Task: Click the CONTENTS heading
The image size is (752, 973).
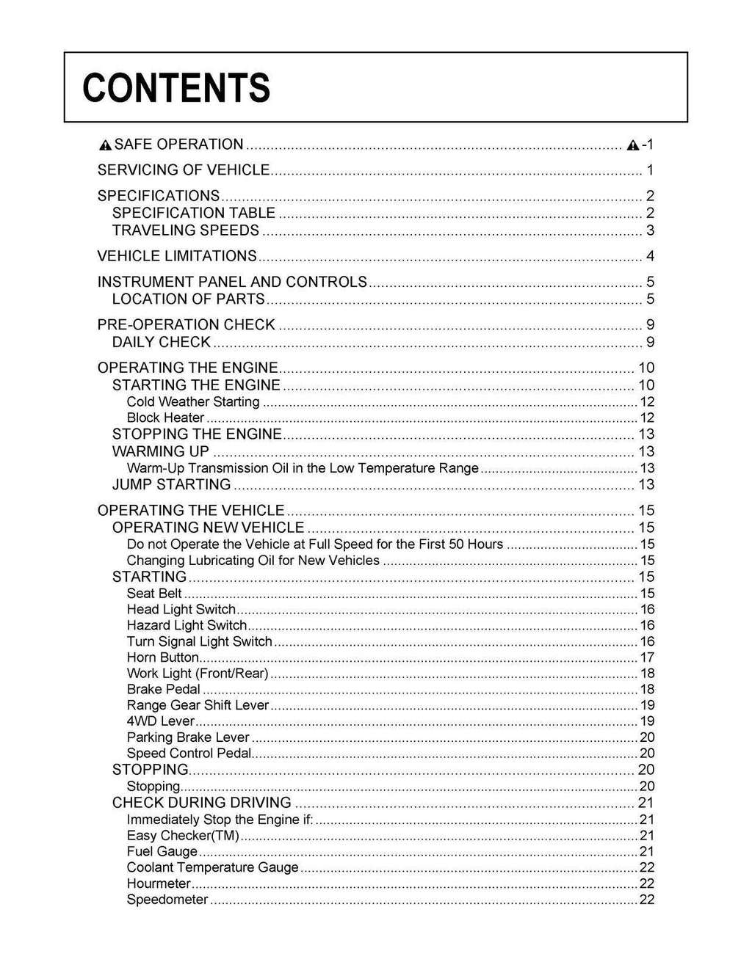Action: (176, 88)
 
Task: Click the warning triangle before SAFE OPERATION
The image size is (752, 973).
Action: (106, 145)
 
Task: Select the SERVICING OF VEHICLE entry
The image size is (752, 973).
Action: (184, 170)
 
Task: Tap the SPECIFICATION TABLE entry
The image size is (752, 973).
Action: (194, 213)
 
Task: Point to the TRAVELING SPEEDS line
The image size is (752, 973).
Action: (186, 230)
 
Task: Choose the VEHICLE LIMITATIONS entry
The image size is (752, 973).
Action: (177, 256)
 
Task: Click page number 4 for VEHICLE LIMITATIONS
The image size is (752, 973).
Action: (650, 257)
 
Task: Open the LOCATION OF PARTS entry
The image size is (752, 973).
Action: (188, 299)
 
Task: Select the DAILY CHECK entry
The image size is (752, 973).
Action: (162, 342)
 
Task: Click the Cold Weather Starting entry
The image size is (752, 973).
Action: (193, 401)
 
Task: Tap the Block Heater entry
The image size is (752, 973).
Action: (165, 418)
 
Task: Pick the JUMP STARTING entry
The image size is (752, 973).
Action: (172, 484)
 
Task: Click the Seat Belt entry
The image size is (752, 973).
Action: (154, 593)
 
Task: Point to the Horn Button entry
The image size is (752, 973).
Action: (163, 657)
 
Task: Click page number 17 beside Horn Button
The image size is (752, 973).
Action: (647, 657)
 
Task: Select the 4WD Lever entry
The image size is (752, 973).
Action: (151, 721)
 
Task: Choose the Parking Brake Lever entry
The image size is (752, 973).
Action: (188, 737)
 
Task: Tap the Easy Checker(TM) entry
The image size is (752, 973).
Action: (183, 835)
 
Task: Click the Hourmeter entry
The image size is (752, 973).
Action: (159, 883)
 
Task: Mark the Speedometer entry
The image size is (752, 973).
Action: (167, 900)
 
